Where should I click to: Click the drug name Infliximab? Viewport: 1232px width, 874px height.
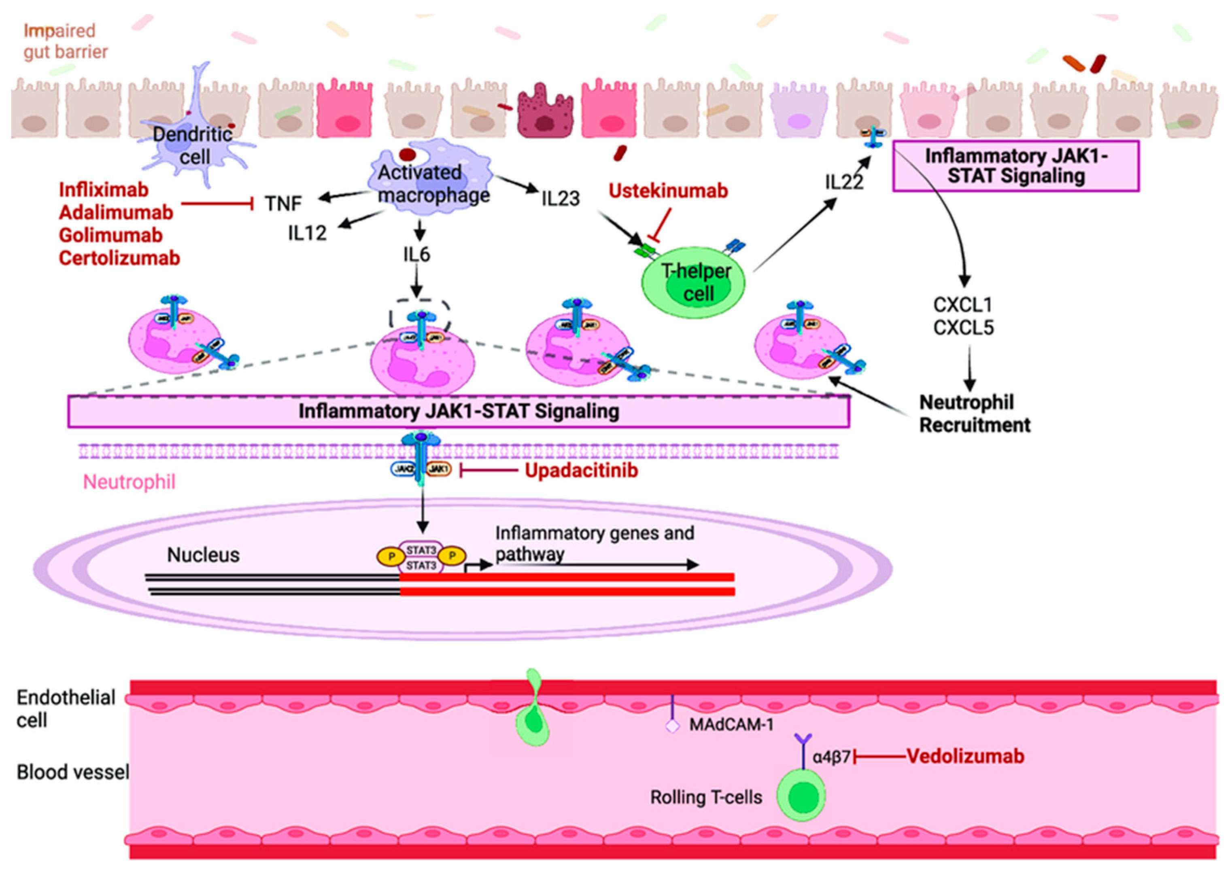pyautogui.click(x=103, y=190)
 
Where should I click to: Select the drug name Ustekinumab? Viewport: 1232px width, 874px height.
pyautogui.click(x=668, y=191)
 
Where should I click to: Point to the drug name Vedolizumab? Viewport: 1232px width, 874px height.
pyautogui.click(x=965, y=757)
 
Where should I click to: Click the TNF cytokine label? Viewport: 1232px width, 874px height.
pyautogui.click(x=283, y=204)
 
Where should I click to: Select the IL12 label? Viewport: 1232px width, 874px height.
pyautogui.click(x=307, y=233)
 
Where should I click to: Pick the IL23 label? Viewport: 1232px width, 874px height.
pyautogui.click(x=560, y=199)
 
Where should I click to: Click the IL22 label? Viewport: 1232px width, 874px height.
pyautogui.click(x=843, y=183)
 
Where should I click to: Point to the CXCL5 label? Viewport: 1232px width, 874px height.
pyautogui.click(x=963, y=328)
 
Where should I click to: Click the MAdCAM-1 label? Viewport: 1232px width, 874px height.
pyautogui.click(x=731, y=725)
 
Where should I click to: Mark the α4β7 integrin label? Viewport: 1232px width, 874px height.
pyautogui.click(x=831, y=757)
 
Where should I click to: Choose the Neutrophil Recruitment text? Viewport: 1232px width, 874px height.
pyautogui.click(x=974, y=413)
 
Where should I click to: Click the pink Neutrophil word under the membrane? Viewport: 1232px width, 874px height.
pyautogui.click(x=129, y=482)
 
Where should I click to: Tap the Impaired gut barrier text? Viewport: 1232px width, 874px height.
pyautogui.click(x=65, y=41)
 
